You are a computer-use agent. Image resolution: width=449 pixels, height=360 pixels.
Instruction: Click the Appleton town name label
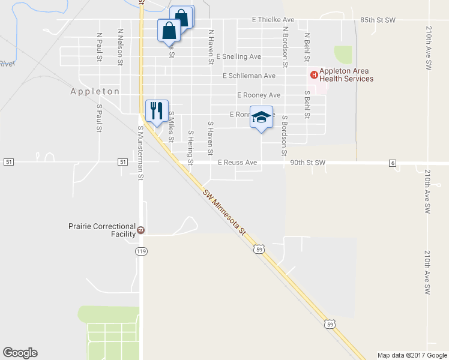95,91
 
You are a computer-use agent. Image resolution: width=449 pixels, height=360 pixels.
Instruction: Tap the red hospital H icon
313,74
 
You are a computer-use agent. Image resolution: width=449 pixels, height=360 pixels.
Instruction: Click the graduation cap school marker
261,117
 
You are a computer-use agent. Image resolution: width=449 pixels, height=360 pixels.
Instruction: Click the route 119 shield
141,251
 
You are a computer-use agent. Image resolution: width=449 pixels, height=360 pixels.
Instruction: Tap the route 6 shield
393,163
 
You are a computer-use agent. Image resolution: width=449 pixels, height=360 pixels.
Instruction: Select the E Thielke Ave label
273,20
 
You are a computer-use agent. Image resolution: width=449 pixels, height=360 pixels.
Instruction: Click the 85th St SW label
378,20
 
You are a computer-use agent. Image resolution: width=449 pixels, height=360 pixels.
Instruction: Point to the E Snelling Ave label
239,56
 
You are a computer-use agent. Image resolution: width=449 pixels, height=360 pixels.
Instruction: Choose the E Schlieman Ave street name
249,76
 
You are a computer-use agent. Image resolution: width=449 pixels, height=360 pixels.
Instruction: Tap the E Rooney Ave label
259,95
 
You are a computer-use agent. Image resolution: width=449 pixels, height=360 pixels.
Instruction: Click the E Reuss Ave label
237,163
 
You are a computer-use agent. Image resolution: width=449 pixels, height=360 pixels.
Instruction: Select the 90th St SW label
307,163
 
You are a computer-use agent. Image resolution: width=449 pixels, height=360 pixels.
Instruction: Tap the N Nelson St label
121,46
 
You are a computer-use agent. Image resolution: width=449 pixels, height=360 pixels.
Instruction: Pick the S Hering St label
191,147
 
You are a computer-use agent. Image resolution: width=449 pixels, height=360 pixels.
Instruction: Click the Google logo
20,353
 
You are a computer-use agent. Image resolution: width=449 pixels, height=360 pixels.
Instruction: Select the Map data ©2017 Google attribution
412,355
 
